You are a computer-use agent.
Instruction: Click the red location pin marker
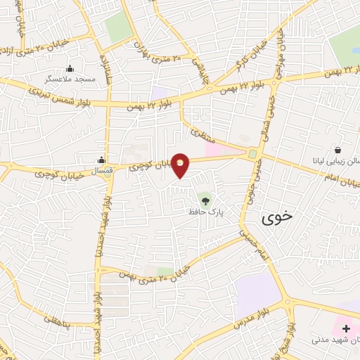point(181,165)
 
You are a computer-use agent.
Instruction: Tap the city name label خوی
point(275,219)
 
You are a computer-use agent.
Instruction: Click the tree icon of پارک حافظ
point(205,201)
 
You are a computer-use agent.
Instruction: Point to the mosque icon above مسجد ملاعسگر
point(70,69)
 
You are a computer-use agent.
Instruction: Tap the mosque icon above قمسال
point(103,159)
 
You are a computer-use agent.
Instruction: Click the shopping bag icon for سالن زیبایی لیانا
point(338,150)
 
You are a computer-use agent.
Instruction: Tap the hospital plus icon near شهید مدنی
point(346,328)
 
